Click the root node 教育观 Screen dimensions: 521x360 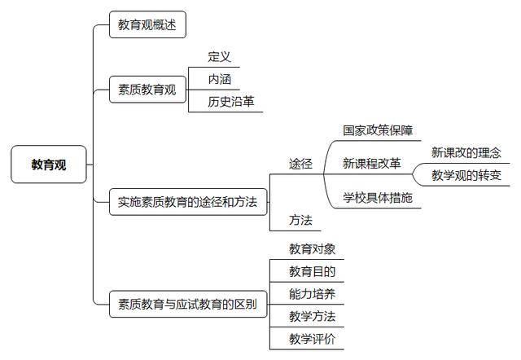pyautogui.click(x=49, y=165)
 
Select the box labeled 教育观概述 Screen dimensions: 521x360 pyautogui.click(x=147, y=24)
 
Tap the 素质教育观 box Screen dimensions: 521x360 pyautogui.click(x=147, y=90)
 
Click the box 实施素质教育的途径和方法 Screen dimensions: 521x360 pyautogui.click(x=188, y=202)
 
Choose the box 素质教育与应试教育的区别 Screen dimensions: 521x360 pyautogui.click(x=188, y=304)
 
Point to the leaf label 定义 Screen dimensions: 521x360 pyautogui.click(x=219, y=56)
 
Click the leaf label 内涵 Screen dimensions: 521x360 pyautogui.click(x=219, y=79)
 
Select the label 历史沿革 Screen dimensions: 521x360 pyautogui.click(x=231, y=102)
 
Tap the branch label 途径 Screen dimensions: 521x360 pyautogui.click(x=300, y=164)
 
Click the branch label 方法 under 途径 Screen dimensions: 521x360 pyautogui.click(x=300, y=220)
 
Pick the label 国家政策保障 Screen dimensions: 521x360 pyautogui.click(x=378, y=130)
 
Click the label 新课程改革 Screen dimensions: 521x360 pyautogui.click(x=372, y=163)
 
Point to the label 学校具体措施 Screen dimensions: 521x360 pyautogui.click(x=378, y=198)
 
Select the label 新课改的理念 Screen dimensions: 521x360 pyautogui.click(x=466, y=152)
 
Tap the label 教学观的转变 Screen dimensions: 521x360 pyautogui.click(x=466, y=175)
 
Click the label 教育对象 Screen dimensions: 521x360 pyautogui.click(x=312, y=249)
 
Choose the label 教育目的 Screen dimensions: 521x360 pyautogui.click(x=312, y=271)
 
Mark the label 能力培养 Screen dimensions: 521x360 pyautogui.click(x=312, y=294)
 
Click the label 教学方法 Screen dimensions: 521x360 pyautogui.click(x=312, y=317)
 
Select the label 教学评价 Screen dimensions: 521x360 pyautogui.click(x=312, y=339)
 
